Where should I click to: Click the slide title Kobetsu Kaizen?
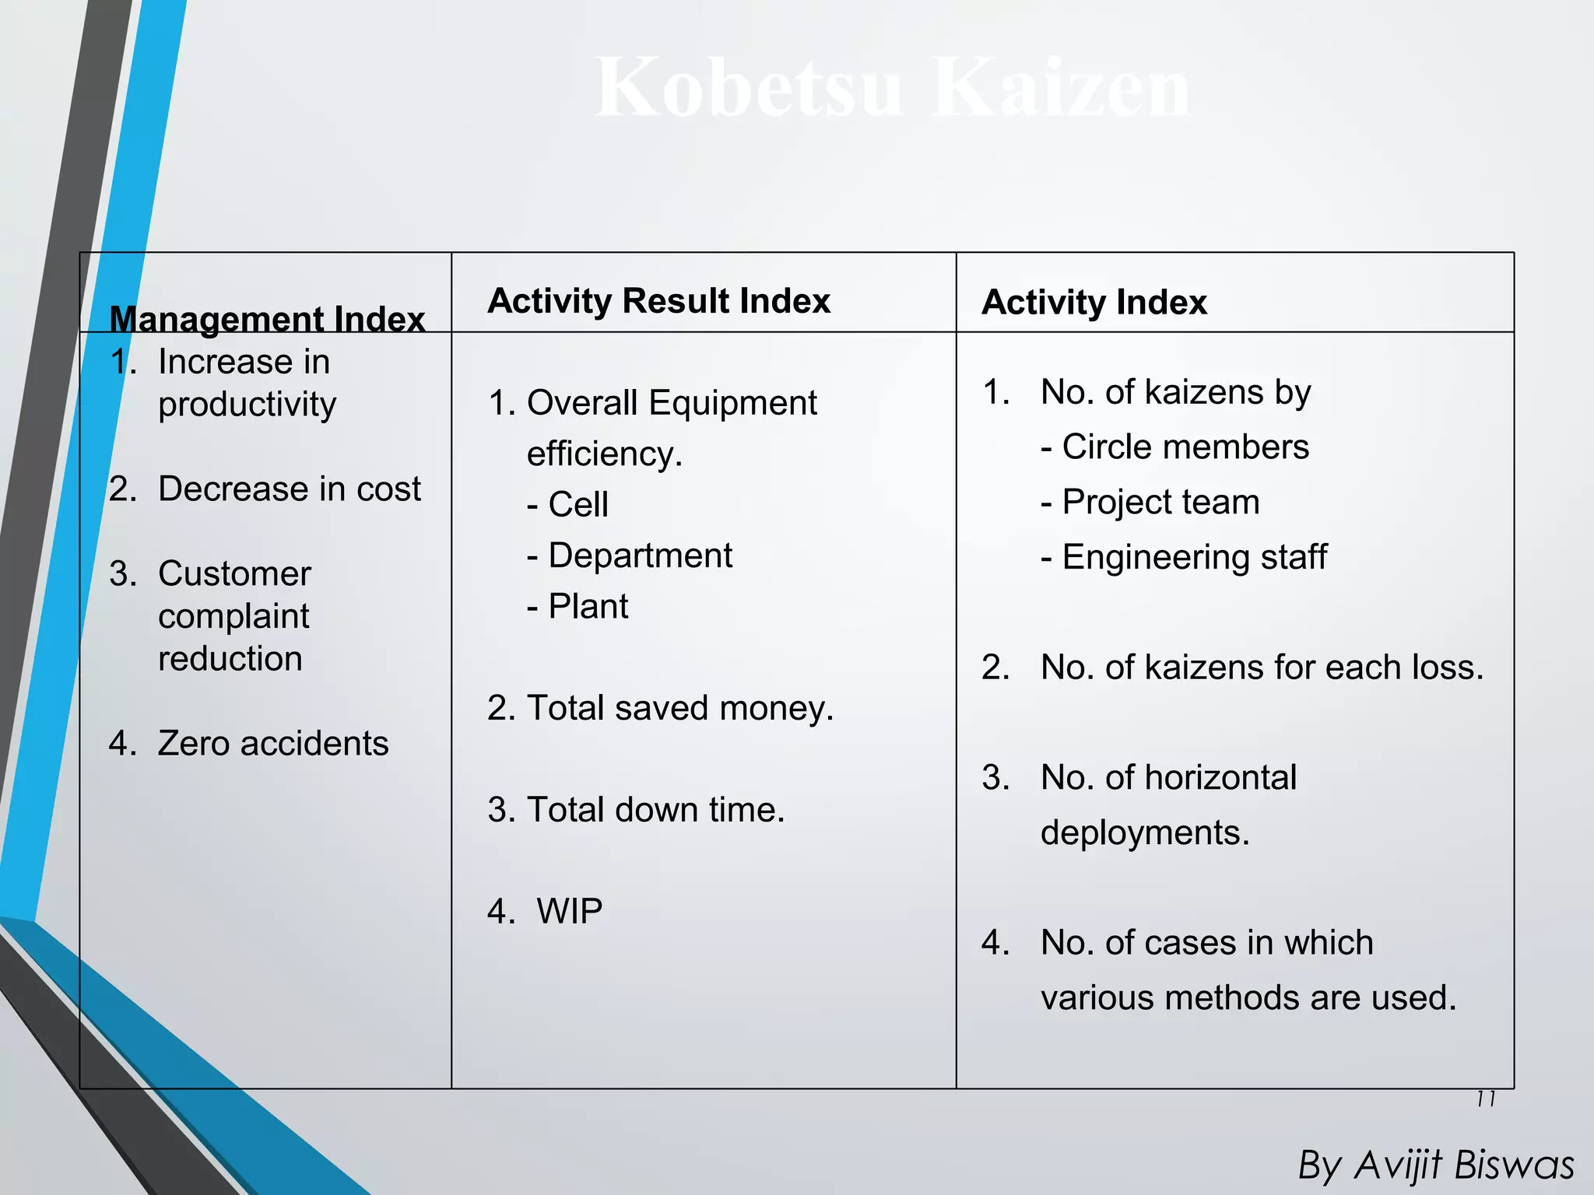tap(892, 87)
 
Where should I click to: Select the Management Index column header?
tap(267, 319)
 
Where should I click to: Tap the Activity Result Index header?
tap(658, 300)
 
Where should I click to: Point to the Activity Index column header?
tap(1094, 302)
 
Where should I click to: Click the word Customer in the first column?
tap(234, 573)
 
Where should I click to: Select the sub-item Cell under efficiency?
tap(578, 504)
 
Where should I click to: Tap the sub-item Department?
tap(640, 555)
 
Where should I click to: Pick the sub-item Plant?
tap(588, 606)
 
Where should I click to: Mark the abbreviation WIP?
tap(569, 911)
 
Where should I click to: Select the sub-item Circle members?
tap(1185, 447)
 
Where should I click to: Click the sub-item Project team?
tap(1160, 502)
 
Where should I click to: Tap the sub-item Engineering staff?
tap(1194, 557)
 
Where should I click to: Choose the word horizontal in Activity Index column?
tap(1220, 777)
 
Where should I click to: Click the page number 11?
tap(1486, 1099)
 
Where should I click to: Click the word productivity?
tap(247, 405)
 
